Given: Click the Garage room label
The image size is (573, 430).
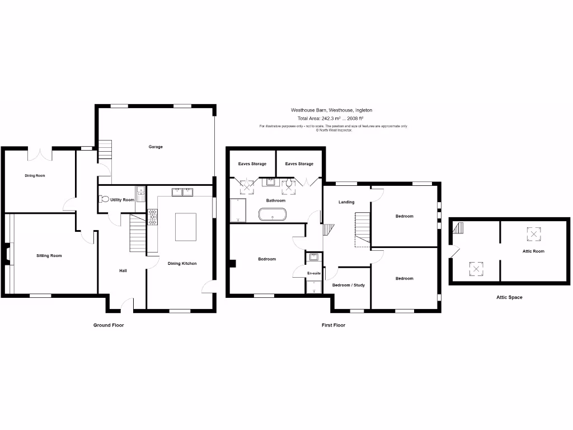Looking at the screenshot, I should coord(156,147).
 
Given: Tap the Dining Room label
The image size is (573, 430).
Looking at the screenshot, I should coord(35,175).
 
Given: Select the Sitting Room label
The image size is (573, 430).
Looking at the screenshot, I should coord(49,255).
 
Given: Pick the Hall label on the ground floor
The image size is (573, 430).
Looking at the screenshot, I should coord(123,271).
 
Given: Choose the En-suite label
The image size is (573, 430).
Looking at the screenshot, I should coord(314,273).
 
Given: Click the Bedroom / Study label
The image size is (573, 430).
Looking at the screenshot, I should coord(349,285).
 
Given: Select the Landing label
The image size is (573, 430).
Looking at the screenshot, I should coord(347,202).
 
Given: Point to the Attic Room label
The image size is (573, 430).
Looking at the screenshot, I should coord(533,251).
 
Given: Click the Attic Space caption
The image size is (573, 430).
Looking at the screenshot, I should coord(509,297).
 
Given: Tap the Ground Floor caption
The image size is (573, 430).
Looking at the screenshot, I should coord(109,325).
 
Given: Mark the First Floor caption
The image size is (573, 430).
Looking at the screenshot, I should coord(334,325).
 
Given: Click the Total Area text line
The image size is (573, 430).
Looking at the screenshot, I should coord(331,118).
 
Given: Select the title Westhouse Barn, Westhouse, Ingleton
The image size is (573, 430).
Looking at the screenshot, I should coord(331,110).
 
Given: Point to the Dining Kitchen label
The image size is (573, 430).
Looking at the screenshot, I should coord(182,263).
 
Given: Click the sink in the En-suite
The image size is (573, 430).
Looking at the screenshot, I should coord(314,258).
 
